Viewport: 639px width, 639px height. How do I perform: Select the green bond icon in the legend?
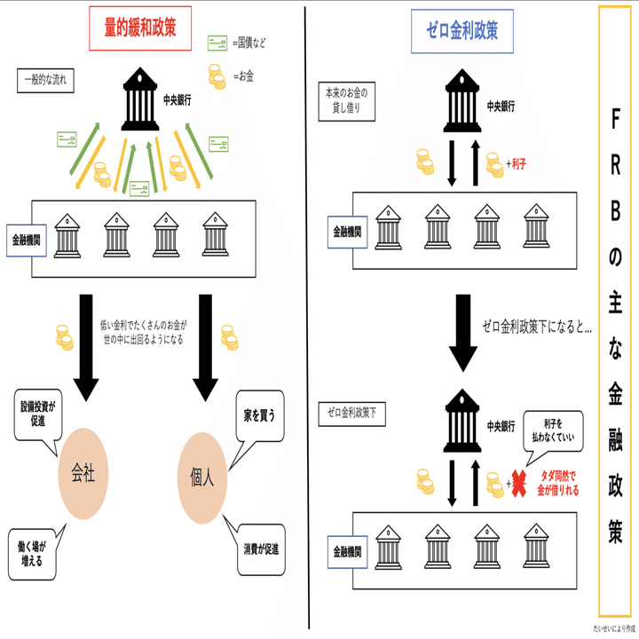click(x=217, y=42)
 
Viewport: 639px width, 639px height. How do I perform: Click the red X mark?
click(x=516, y=481)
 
